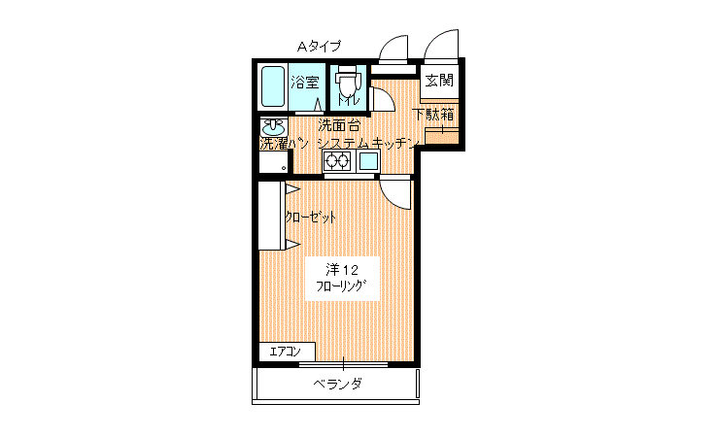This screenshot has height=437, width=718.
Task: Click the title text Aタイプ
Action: pos(319,46)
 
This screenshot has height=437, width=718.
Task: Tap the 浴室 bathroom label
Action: pos(305,83)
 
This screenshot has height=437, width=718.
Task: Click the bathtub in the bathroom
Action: pos(273,87)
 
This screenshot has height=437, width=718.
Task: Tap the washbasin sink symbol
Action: pos(274,127)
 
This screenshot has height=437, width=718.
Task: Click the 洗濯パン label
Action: pos(284,144)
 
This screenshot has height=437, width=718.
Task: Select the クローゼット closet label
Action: pos(311,218)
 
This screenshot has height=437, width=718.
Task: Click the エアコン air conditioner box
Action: pos(287,352)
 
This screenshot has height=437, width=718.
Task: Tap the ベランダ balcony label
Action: pos(337,385)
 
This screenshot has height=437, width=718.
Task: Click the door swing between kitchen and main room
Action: pos(395,193)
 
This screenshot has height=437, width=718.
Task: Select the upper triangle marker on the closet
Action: pos(291,188)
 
